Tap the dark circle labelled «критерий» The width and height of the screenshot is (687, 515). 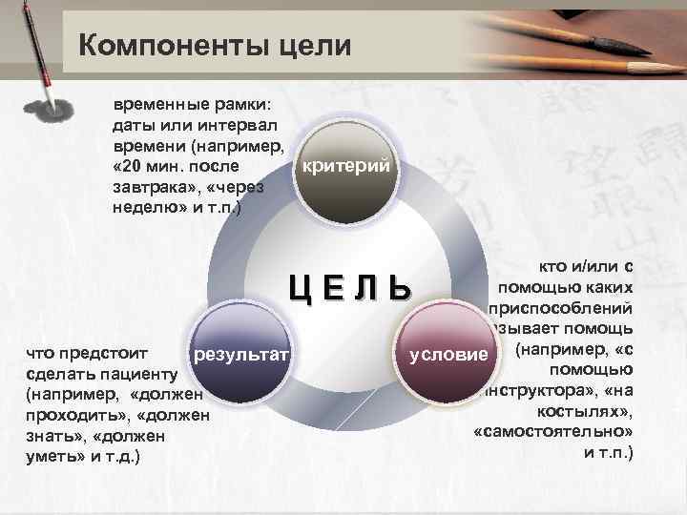tap(345, 167)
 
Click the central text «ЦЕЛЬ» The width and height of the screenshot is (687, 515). tap(352, 287)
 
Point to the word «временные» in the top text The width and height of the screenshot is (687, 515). tap(154, 102)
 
